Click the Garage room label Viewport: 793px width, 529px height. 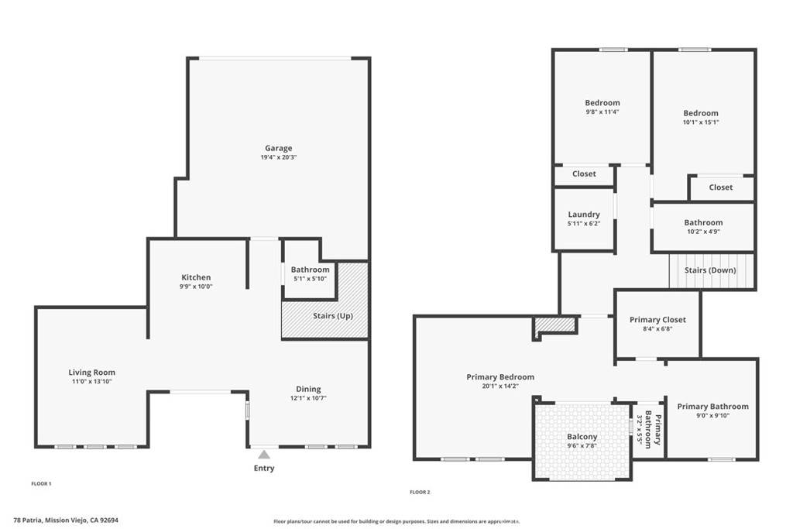(279, 148)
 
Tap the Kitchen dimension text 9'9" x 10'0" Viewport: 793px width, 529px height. (196, 287)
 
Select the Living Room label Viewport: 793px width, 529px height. (91, 373)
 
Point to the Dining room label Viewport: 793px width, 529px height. (308, 389)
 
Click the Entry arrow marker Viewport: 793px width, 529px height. (264, 455)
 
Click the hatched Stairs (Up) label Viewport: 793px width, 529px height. (333, 315)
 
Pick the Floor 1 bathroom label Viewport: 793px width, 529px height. (310, 270)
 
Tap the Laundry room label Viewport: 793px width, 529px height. (584, 215)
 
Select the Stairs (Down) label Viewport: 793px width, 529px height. (710, 270)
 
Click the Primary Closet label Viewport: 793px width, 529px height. (657, 320)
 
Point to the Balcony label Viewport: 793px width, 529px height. (582, 437)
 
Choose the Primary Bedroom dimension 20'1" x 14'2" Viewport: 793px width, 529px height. (500, 386)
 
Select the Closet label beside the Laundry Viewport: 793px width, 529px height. (584, 173)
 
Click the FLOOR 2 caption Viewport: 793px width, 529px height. (419, 492)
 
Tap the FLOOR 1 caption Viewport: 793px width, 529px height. (41, 483)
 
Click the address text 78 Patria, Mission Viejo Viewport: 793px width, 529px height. (66, 520)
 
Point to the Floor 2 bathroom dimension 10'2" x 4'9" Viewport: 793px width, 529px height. (703, 232)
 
